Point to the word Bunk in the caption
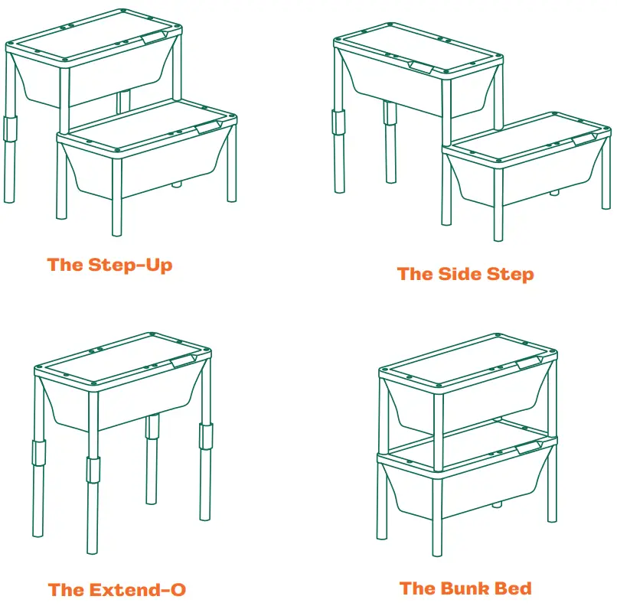[471, 588]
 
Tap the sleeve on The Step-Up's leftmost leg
[10, 127]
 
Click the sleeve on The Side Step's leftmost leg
[338, 122]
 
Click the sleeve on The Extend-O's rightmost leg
[205, 435]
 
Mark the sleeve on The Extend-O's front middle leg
[93, 470]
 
